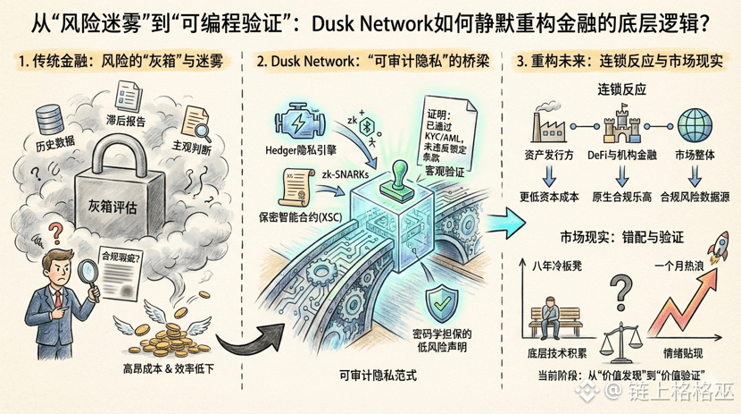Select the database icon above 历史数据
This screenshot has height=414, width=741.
pyautogui.click(x=48, y=121)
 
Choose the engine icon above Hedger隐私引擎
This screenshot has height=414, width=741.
pyautogui.click(x=298, y=122)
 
